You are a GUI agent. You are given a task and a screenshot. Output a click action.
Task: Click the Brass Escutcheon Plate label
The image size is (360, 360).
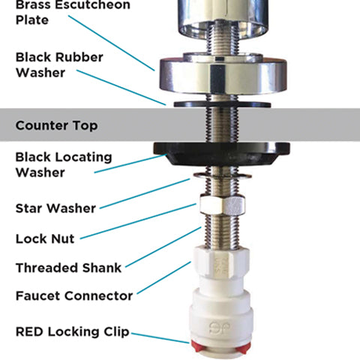coord(73,12)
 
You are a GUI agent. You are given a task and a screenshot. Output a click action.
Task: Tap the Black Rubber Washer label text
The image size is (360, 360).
coord(59,65)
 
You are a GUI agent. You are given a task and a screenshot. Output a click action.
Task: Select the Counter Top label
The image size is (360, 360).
coord(56,125)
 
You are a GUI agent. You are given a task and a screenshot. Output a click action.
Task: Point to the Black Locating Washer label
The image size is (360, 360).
coord(64,165)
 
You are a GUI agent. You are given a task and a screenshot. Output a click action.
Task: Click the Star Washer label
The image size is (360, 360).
coord(55,208)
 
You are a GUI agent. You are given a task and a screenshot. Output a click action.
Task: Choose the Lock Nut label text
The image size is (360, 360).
coord(45,238)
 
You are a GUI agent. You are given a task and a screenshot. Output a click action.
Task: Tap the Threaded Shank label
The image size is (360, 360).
coord(68,268)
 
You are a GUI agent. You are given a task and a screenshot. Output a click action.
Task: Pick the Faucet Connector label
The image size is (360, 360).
coord(74,296)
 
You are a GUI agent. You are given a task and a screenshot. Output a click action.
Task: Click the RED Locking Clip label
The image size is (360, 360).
coord(73,332)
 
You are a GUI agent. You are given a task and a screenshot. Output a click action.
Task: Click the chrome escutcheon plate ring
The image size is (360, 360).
coord(223,75)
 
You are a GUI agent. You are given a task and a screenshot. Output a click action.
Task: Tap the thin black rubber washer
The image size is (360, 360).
coord(222,104)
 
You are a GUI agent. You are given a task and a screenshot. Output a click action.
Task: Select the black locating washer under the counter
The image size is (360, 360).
coord(222,153)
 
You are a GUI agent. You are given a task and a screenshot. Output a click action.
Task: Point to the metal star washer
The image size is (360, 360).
coord(223,175)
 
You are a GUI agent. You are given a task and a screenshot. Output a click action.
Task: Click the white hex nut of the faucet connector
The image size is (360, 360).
coord(222,262)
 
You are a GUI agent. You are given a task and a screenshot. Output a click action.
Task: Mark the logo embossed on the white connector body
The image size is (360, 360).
coord(220,328)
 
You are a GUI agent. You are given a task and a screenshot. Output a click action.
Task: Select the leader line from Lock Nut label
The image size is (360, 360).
coord(138,221)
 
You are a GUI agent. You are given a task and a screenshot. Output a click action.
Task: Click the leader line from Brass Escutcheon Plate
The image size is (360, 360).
coord(112,43)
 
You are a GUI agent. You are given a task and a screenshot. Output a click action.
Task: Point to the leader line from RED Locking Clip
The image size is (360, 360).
coord(160,338)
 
